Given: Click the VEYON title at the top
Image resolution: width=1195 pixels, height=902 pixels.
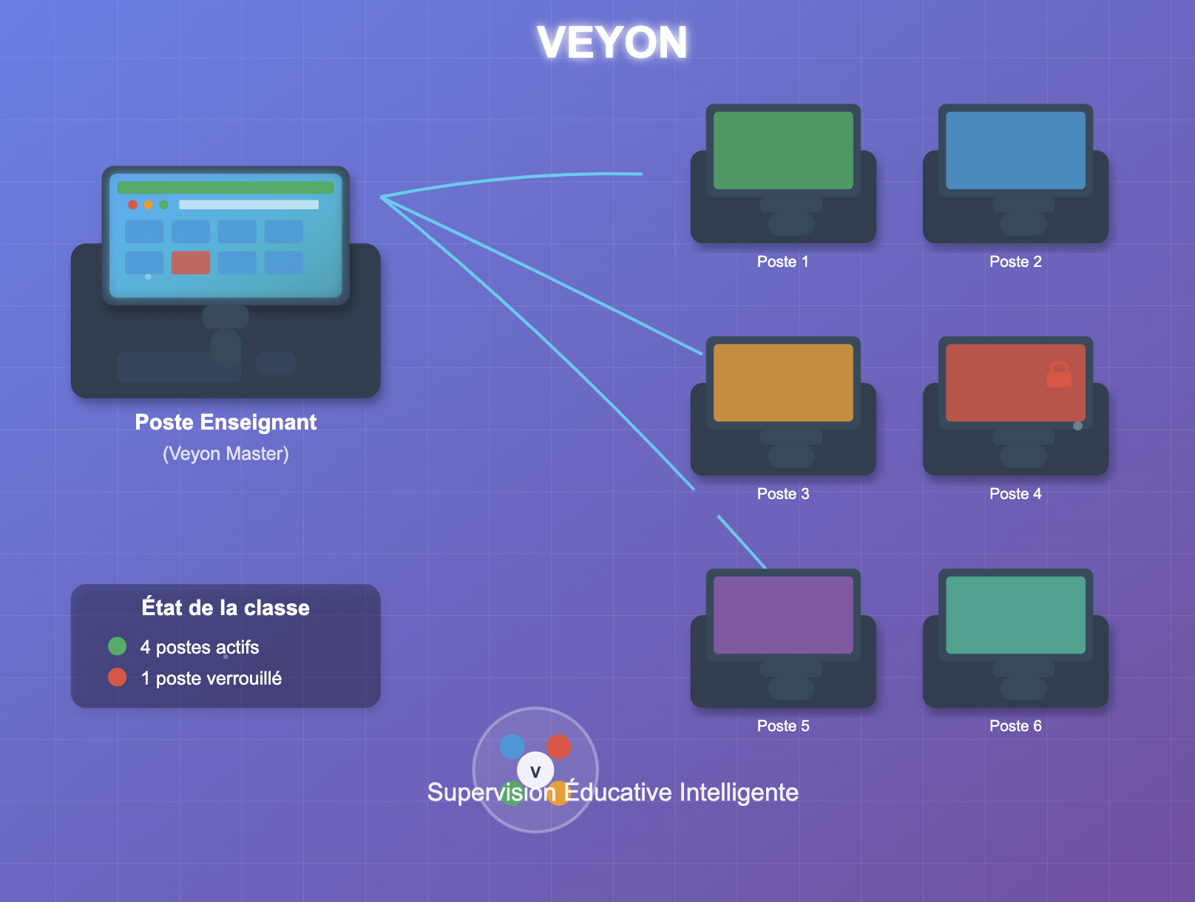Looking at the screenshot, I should [612, 42].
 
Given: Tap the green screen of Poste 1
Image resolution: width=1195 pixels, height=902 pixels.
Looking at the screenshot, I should [783, 150].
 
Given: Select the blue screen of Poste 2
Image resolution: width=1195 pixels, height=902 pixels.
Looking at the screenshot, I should [1015, 150].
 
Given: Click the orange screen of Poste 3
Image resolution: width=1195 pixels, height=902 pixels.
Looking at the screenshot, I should [783, 382].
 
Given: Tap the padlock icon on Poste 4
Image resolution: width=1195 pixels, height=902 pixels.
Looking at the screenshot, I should [1059, 375].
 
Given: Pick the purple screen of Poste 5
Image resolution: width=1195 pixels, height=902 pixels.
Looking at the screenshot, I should [783, 614].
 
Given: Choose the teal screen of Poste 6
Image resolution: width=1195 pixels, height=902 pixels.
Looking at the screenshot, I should [1015, 614].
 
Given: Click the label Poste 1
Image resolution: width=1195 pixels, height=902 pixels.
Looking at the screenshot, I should [782, 262].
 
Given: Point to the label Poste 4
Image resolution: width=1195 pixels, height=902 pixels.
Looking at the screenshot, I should [1015, 494].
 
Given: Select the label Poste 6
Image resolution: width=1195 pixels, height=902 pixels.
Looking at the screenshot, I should [1015, 726].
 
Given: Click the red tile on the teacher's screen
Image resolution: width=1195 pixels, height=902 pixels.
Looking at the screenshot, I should [191, 262].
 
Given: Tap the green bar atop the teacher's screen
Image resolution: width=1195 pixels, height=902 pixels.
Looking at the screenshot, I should [226, 188].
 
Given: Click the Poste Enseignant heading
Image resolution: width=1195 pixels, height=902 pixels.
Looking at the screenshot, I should [226, 422].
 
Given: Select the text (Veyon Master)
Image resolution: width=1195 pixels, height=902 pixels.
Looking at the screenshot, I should [226, 453].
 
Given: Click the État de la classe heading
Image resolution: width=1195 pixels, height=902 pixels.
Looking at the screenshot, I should [226, 608].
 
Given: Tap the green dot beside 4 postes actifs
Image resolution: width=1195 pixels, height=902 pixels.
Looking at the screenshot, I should [117, 646].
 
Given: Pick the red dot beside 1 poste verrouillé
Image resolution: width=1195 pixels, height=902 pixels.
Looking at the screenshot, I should [117, 677].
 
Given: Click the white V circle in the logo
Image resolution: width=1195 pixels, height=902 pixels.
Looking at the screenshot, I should [535, 771].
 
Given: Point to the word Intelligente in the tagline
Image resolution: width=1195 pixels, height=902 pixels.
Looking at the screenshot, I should [739, 793].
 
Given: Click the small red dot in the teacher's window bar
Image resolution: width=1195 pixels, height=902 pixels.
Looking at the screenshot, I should [132, 205].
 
